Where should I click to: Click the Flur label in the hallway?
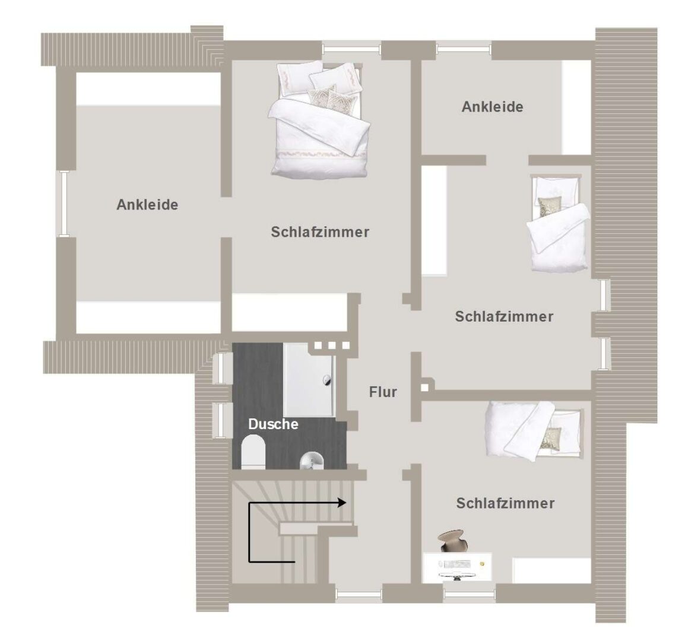(x=383, y=392)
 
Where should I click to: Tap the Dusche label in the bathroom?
(x=273, y=424)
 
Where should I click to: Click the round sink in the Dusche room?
(x=312, y=461)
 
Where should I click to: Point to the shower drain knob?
(x=327, y=380)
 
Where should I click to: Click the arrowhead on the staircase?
(x=342, y=503)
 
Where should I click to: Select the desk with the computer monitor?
(x=458, y=567)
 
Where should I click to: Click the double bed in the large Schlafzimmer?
(x=319, y=120)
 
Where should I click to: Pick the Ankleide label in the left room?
(x=147, y=205)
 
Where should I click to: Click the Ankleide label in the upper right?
(x=492, y=107)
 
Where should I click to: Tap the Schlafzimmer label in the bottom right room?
(x=506, y=503)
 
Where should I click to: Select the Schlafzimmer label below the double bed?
(x=320, y=231)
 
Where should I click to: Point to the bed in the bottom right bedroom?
(x=534, y=431)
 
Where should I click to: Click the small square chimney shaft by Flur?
(x=424, y=387)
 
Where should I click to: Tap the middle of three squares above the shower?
(x=332, y=345)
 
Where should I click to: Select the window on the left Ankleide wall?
(x=64, y=204)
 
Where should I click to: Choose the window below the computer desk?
(x=470, y=593)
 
